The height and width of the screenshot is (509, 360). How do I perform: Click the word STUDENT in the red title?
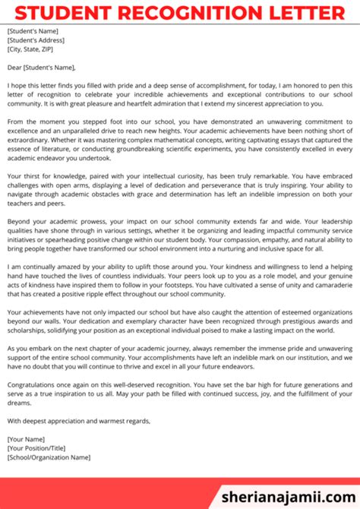coord(58,13)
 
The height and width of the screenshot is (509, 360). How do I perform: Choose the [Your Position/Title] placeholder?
coord(36,449)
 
